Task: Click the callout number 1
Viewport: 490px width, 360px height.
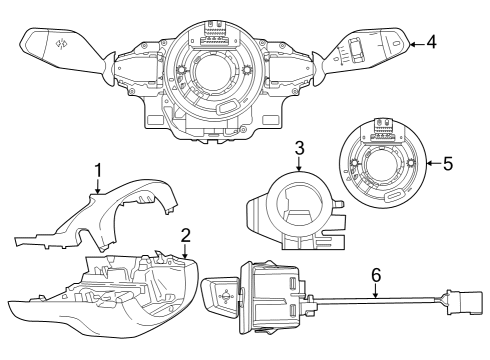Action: click(98, 169)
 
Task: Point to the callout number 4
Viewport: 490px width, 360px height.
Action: click(431, 42)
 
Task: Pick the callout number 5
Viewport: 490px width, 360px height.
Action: click(447, 160)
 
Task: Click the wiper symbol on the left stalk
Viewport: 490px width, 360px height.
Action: click(60, 43)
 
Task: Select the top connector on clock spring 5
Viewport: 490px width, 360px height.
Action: click(383, 126)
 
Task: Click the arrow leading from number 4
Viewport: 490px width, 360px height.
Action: click(416, 42)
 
